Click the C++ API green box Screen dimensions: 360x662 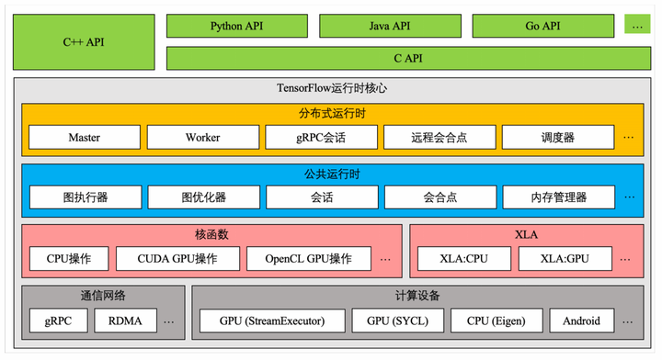pos(84,42)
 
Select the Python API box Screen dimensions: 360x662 pos(237,26)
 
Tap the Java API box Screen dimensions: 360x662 pos(389,26)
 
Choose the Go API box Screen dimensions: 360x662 pos(542,26)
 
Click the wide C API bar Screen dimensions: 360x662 pos(408,58)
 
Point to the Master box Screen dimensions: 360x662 pos(84,138)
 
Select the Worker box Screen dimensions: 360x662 pos(202,138)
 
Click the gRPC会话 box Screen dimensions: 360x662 pos(321,138)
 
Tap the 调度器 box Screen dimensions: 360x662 pos(557,138)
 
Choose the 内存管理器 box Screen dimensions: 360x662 pos(557,197)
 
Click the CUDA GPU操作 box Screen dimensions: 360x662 pos(177,259)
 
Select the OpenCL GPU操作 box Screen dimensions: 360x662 pos(309,259)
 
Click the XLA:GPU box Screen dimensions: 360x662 pos(565,259)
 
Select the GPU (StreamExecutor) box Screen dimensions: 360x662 pos(271,321)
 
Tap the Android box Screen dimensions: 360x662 pos(581,321)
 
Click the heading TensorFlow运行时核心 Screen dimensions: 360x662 pos(331,89)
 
